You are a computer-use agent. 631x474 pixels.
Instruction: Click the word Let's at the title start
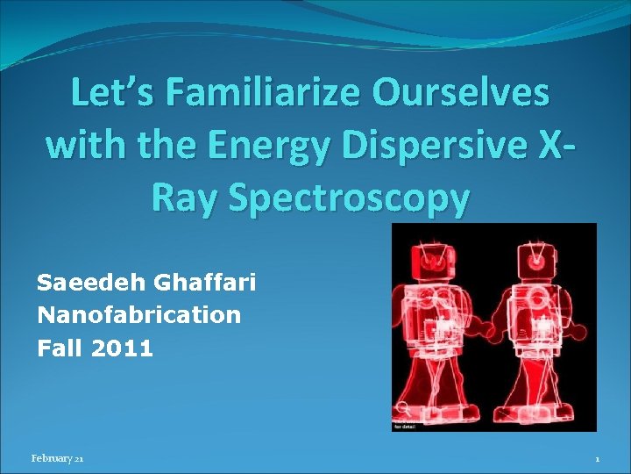pyautogui.click(x=113, y=94)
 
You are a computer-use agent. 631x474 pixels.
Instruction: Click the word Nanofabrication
pyautogui.click(x=138, y=315)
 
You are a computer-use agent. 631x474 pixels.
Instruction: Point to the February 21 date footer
pyautogui.click(x=57, y=459)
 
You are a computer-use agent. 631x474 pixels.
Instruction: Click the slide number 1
pyautogui.click(x=597, y=459)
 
